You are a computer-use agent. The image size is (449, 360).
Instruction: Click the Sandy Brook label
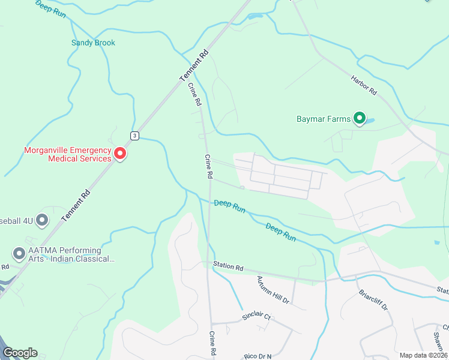93,43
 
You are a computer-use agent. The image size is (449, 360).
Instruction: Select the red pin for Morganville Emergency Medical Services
120,154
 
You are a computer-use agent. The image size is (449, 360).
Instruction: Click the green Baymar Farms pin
359,118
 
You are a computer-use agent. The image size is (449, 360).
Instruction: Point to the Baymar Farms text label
323,119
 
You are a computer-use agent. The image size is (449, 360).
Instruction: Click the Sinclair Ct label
257,316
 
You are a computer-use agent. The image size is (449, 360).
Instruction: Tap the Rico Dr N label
258,356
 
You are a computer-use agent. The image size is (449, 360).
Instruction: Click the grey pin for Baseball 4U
42,220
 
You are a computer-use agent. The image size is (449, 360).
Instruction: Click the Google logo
20,353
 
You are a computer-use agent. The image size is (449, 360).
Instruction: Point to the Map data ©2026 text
423,355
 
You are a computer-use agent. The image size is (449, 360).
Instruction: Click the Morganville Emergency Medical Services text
67,154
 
